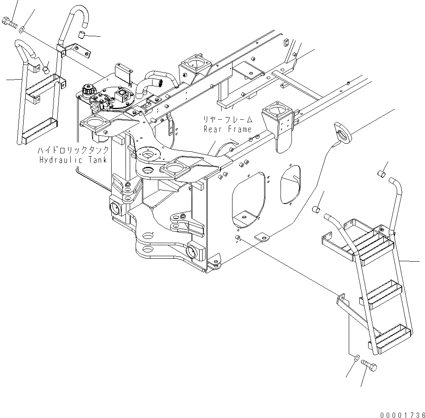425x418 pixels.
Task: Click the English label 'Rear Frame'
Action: (227, 129)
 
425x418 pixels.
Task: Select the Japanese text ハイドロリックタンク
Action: (74, 150)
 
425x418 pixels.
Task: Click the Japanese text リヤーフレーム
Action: (227, 120)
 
